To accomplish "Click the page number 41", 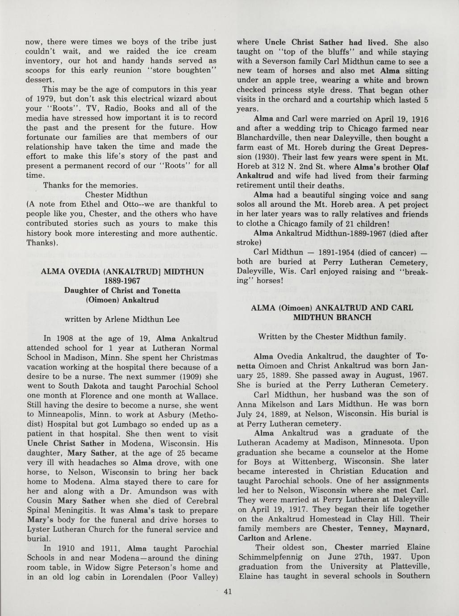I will (228, 592).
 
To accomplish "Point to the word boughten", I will (192, 70).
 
